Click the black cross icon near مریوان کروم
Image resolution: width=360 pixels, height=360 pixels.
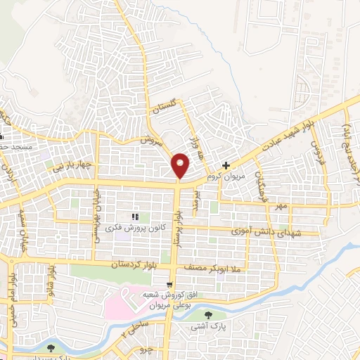[x=226, y=167]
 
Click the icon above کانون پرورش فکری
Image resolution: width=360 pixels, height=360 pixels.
[x=136, y=217]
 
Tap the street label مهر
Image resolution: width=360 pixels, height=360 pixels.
[x=282, y=205]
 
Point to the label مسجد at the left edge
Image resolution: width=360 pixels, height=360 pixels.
[x=17, y=146]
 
